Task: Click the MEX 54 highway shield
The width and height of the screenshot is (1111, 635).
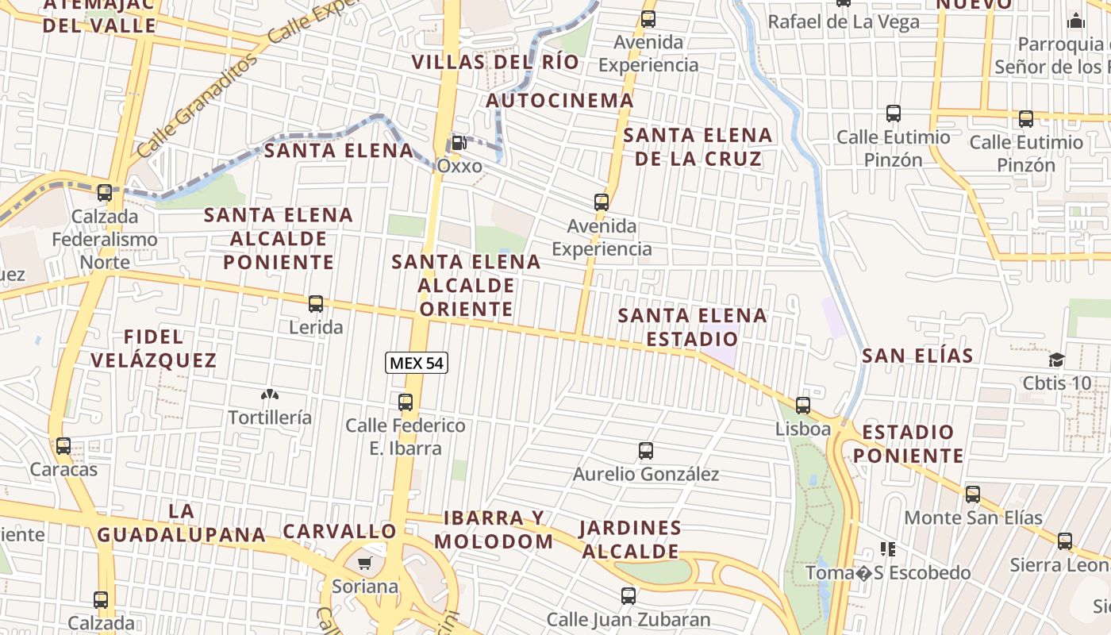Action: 417,364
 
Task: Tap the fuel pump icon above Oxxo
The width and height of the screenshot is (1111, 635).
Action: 459,143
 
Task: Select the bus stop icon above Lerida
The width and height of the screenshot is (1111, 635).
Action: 316,303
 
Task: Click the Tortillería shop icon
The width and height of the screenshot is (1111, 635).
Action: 270,394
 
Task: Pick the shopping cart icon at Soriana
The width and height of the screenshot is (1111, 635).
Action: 364,564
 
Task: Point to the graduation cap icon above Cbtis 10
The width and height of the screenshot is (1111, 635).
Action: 1056,360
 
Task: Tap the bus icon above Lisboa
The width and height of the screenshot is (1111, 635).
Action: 803,406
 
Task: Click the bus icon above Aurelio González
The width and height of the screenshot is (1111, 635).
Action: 646,451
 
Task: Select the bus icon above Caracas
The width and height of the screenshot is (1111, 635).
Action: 63,446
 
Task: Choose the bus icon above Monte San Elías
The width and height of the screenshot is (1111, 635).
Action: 973,495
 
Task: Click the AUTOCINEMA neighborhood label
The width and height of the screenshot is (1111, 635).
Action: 559,101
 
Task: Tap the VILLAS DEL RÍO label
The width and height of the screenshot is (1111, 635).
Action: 495,62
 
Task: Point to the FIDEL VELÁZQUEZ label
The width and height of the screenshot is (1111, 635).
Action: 153,348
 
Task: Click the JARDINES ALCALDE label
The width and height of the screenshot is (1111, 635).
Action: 630,539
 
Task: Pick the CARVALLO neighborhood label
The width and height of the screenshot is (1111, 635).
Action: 340,531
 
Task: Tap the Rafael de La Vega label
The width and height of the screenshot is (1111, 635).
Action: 844,21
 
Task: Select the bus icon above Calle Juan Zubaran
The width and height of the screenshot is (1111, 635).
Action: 629,595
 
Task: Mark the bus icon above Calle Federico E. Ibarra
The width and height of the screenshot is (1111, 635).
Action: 406,402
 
